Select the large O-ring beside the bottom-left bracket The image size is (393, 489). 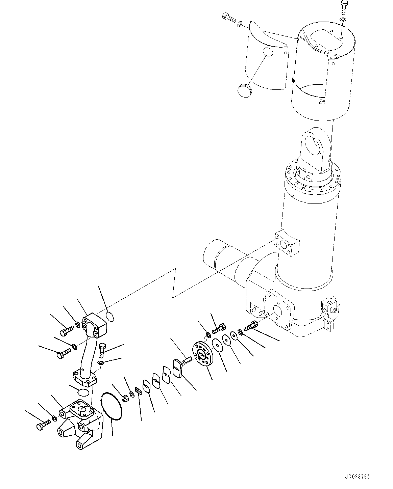pos(112,406)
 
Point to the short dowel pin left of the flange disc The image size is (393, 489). pos(187,361)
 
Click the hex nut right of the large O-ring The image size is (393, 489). pos(124,398)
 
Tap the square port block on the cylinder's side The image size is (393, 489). pos(288,243)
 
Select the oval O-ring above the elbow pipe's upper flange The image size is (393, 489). pos(110,317)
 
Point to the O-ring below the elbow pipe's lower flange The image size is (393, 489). pos(83,392)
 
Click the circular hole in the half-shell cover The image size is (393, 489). pos(268,52)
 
